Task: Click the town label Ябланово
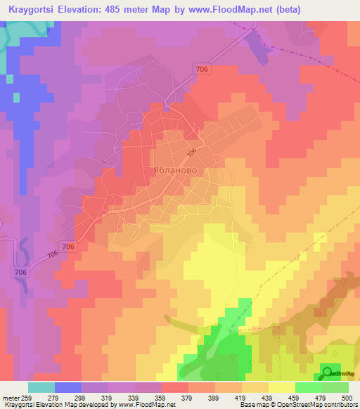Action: tap(175, 170)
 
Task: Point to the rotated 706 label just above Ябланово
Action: tap(191, 153)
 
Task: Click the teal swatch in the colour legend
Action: tap(41, 387)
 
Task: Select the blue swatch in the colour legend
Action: tap(67, 387)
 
